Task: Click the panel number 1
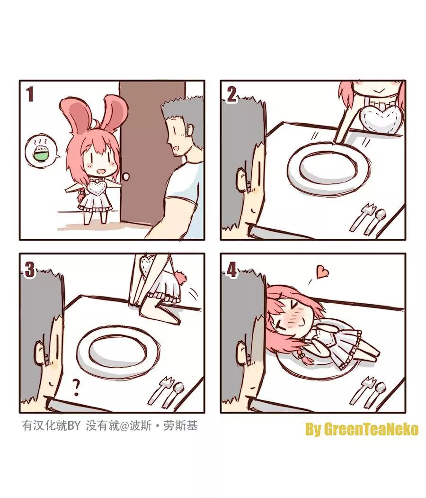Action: (30, 95)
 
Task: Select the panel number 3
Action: (29, 270)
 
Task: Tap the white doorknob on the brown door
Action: (126, 177)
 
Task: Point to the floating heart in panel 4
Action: (322, 272)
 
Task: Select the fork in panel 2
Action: (362, 217)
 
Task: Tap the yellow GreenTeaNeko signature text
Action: (362, 430)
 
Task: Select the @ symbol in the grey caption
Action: (124, 426)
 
